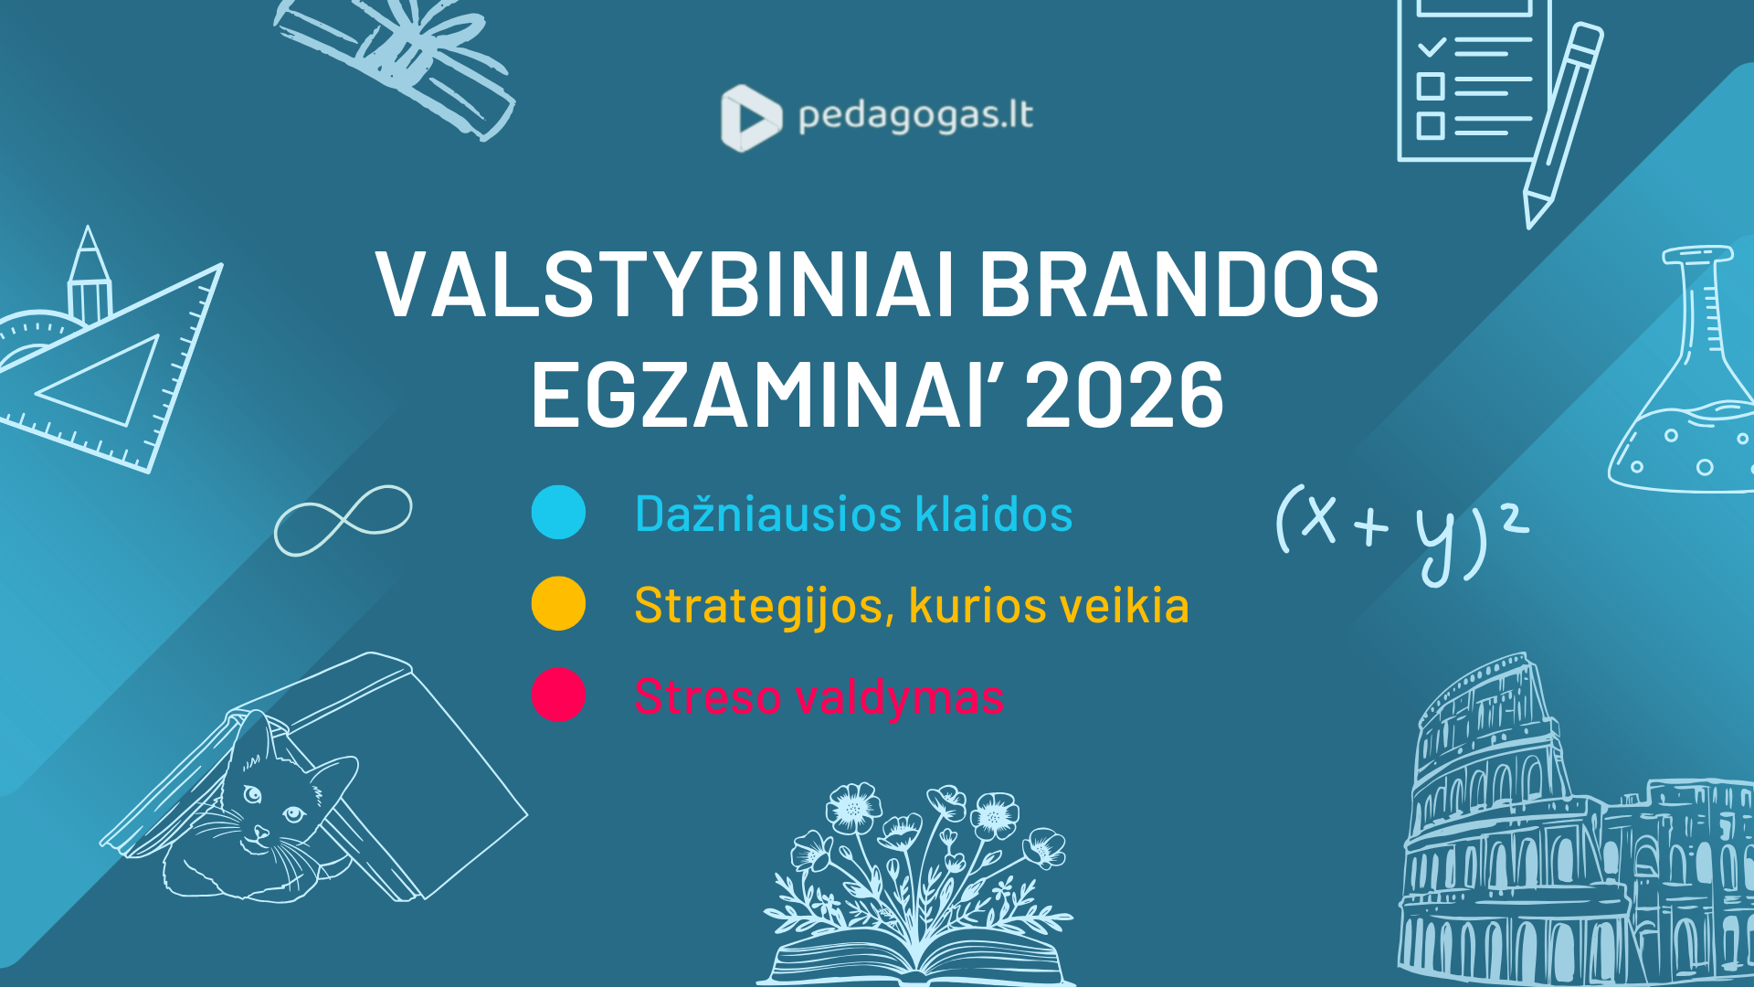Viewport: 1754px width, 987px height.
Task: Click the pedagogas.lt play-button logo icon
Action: (751, 118)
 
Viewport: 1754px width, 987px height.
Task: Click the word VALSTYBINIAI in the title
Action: (666, 284)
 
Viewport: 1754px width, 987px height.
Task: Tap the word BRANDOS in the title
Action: (1179, 284)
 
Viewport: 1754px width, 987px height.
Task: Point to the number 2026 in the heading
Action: (1125, 394)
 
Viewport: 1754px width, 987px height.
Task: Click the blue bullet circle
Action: (558, 512)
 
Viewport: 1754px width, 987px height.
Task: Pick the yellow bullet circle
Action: (558, 603)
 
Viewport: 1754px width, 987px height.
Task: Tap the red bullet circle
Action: (558, 695)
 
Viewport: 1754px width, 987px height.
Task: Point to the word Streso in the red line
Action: (708, 697)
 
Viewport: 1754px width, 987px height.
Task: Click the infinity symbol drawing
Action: (343, 520)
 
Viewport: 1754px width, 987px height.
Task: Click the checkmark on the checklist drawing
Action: (1431, 46)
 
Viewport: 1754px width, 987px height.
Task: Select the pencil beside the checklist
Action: (1564, 125)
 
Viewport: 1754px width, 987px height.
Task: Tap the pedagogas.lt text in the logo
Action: (915, 117)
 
